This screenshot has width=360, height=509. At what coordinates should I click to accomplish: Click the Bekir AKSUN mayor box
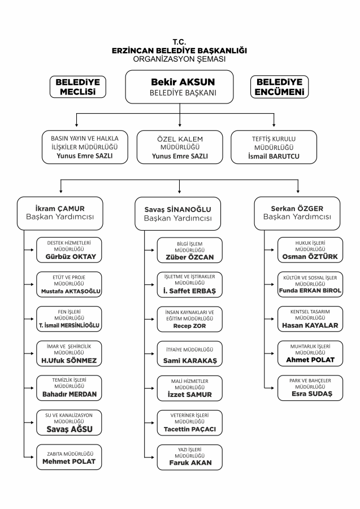coord(179,87)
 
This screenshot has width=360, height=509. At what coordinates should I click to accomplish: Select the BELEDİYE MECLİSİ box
coord(78,87)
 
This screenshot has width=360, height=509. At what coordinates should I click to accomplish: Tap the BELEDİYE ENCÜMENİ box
coord(279,87)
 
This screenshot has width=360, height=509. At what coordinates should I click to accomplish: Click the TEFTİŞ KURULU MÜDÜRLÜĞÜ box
coord(274,147)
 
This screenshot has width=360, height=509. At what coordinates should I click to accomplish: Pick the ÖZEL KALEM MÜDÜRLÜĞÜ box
coord(180,147)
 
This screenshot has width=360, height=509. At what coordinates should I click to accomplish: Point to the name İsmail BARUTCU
coord(274,156)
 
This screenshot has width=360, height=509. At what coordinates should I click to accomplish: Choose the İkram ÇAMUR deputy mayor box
coord(60,213)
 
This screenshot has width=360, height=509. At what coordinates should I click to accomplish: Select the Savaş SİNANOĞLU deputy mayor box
coord(177,214)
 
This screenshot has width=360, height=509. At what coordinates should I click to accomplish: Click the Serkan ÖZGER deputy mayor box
coord(297,213)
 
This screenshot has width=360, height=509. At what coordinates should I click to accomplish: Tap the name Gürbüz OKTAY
coord(71,257)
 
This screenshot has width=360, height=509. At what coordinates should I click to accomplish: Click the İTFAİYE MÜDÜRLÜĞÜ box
coord(190,354)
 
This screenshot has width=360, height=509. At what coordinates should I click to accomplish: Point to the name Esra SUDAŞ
coord(312,394)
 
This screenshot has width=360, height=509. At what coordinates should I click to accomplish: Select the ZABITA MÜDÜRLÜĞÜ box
coord(69,457)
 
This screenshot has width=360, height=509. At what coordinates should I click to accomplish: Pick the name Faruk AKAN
coord(190,463)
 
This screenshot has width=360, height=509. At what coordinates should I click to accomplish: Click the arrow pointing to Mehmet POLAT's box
coord(29,457)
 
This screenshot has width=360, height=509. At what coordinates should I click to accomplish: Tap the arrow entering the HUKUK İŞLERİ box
coord(269,250)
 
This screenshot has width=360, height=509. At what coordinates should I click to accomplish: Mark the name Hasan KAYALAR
coord(310,325)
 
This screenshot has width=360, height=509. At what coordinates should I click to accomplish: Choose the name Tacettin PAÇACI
coord(190,429)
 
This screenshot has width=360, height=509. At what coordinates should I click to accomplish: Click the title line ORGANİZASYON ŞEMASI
coord(179,59)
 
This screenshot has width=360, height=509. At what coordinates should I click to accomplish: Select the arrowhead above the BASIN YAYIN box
coord(76,124)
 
